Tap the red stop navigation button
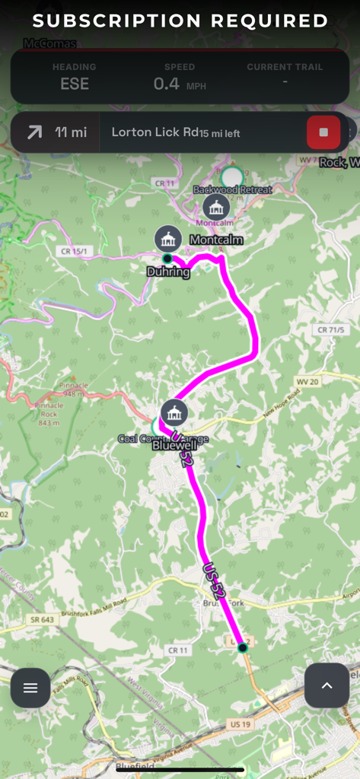click(323, 132)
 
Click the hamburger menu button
click(30, 688)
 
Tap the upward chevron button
click(327, 685)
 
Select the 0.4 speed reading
click(167, 84)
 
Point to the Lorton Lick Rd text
click(155, 132)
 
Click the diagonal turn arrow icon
click(34, 132)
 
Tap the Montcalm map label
click(216, 240)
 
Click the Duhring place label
click(167, 272)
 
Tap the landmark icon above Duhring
click(167, 239)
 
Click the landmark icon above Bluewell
click(175, 412)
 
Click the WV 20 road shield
click(307, 380)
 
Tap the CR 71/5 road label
click(329, 330)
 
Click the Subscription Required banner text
click(180, 21)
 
